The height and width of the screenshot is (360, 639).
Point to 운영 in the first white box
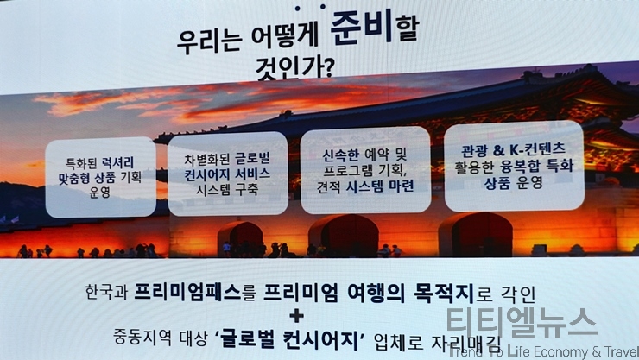tap(100, 192)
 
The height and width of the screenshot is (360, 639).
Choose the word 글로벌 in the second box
tap(252, 158)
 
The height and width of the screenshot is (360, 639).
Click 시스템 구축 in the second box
tap(227, 190)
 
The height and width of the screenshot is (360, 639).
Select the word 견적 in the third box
tap(328, 187)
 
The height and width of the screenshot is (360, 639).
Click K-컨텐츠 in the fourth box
tap(537, 150)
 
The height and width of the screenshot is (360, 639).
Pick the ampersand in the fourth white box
tap(498, 151)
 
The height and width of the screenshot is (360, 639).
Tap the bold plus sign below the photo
tap(297, 316)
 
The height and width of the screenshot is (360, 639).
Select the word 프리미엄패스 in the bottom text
tap(187, 293)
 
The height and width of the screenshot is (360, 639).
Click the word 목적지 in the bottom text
tap(444, 294)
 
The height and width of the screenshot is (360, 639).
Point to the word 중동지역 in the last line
tap(142, 338)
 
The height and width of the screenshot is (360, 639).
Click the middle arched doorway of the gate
tap(344, 236)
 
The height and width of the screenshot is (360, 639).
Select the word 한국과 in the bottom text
tap(106, 293)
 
